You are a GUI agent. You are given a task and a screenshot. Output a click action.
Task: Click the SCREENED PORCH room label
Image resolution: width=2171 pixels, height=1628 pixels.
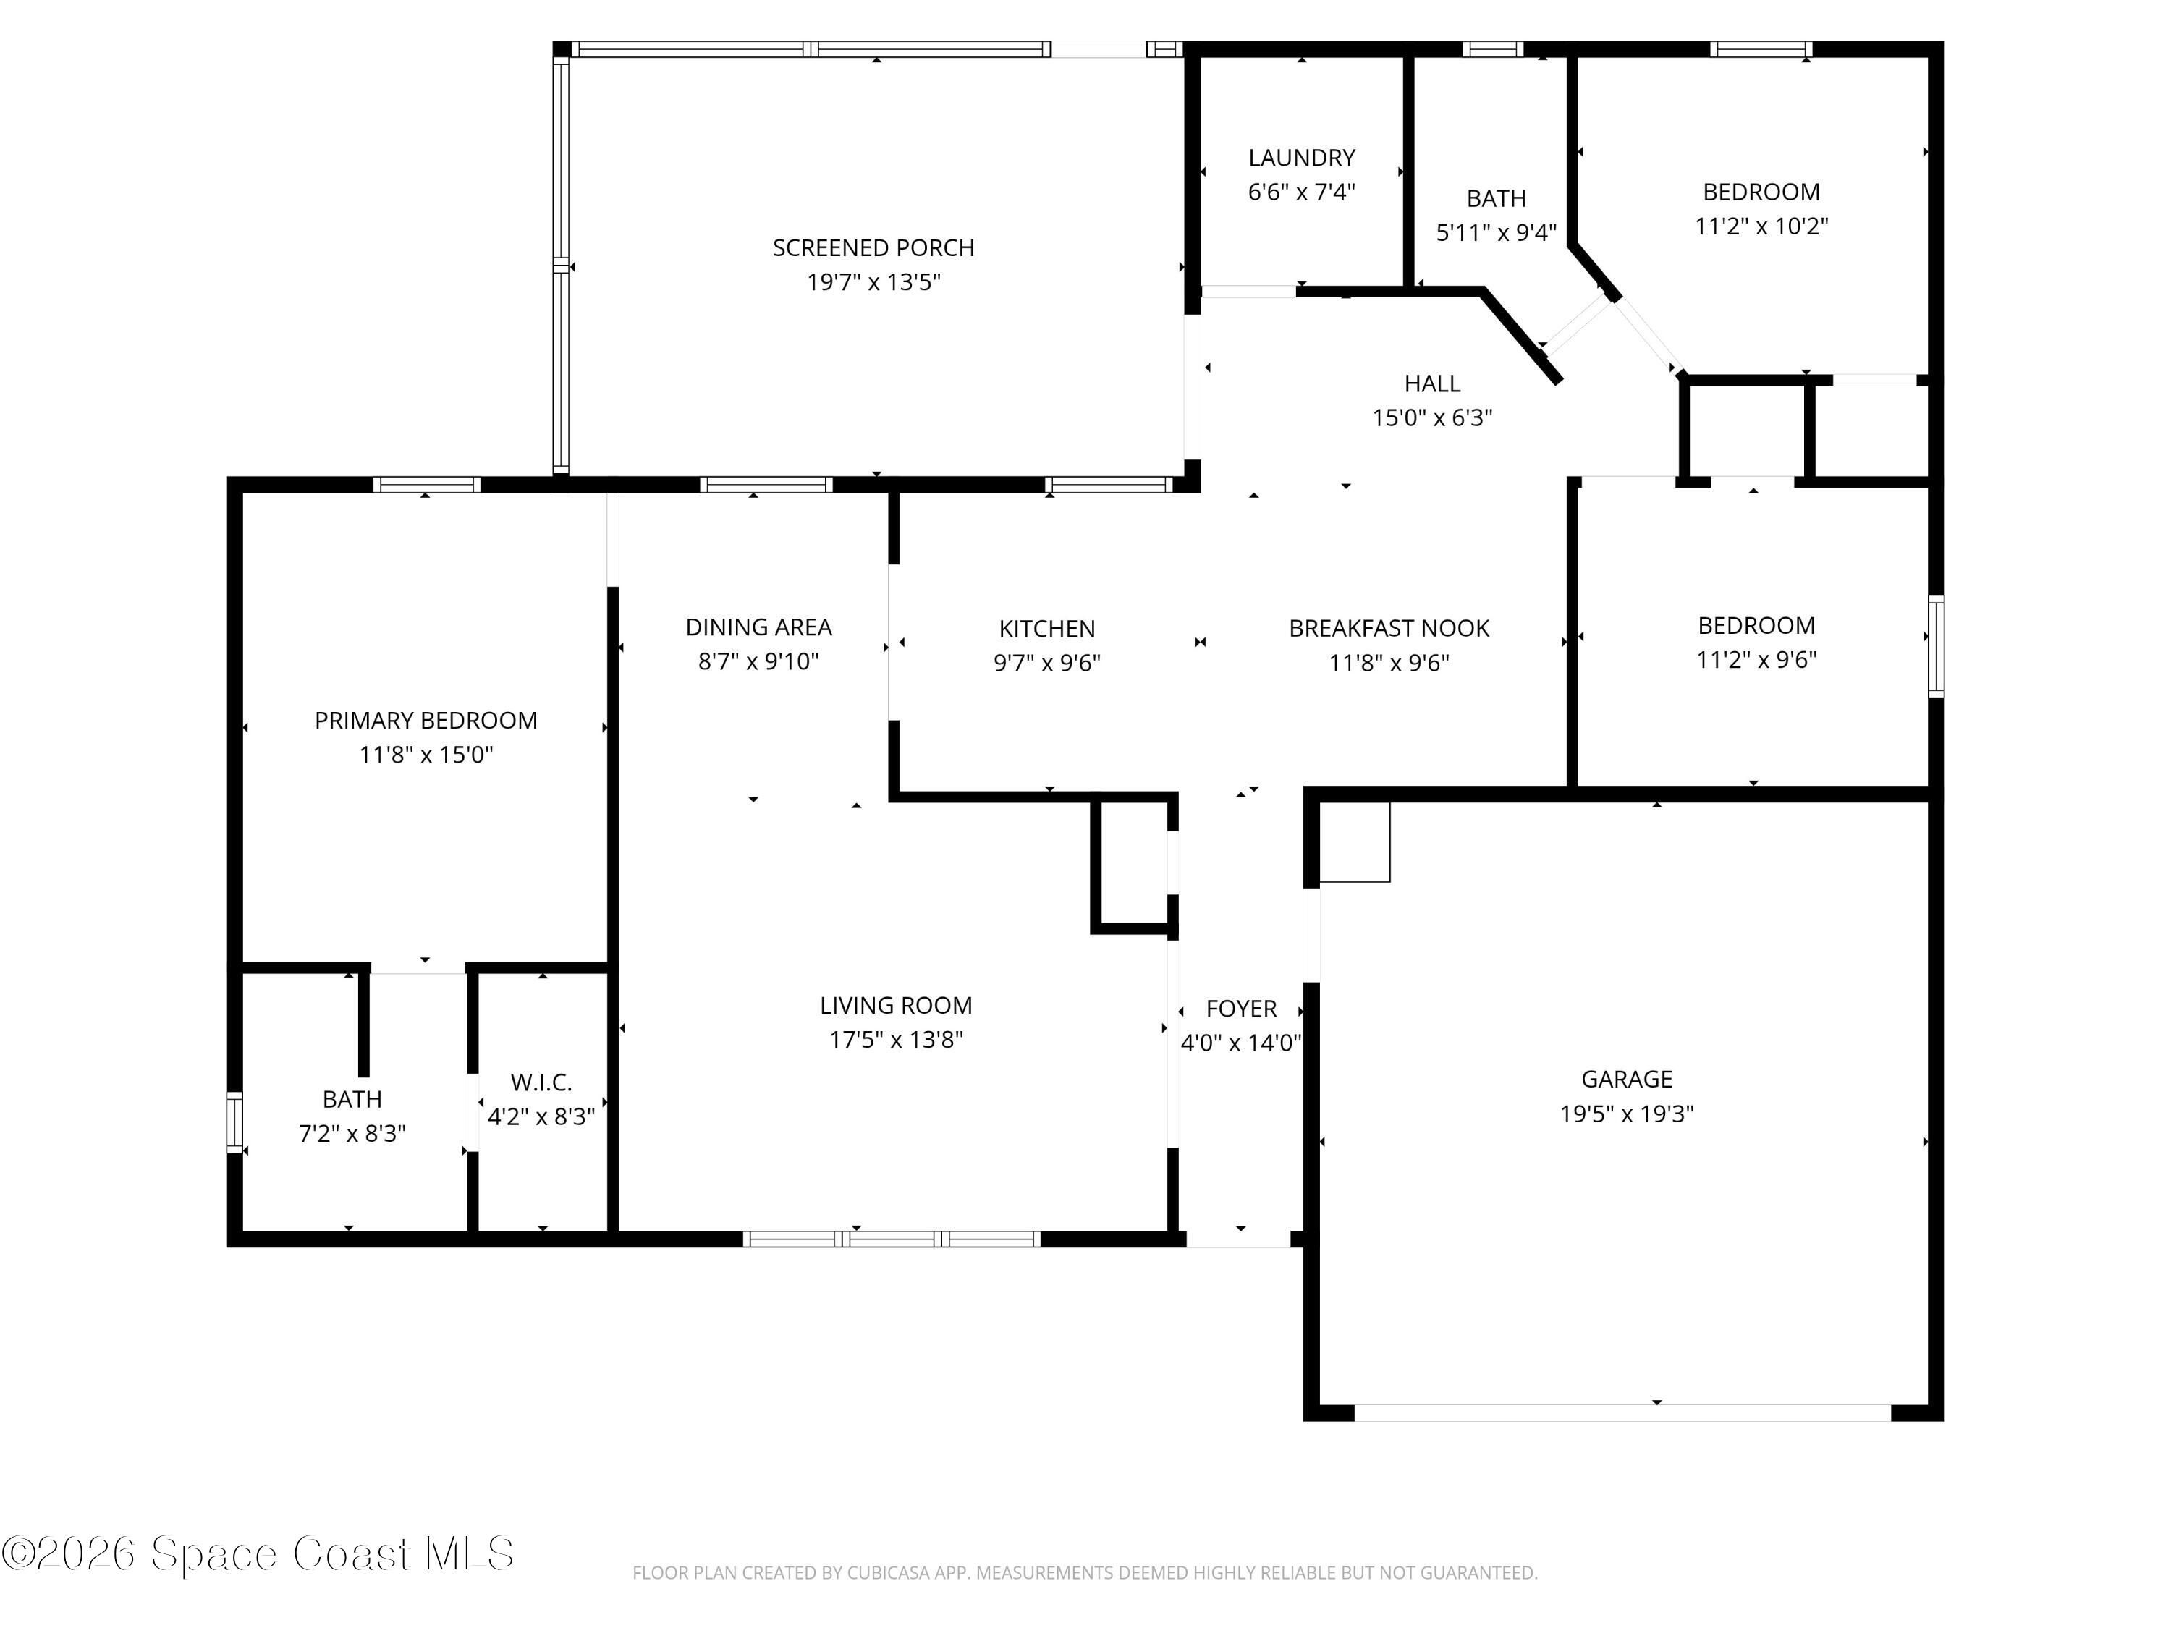click(x=873, y=248)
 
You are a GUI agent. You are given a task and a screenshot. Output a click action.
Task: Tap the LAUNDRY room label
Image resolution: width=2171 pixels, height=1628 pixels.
click(x=1301, y=158)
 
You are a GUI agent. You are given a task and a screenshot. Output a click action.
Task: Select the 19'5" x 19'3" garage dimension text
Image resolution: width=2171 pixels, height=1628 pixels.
click(x=1628, y=1114)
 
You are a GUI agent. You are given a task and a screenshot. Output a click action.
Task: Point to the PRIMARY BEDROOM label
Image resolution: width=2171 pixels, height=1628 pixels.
click(x=426, y=721)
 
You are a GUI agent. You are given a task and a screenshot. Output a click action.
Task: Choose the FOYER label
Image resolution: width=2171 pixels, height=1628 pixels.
click(x=1242, y=1009)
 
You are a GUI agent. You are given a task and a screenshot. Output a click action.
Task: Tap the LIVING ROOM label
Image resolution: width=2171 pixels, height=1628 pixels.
click(x=896, y=1006)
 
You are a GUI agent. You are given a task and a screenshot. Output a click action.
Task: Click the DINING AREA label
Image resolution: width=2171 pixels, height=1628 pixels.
click(x=758, y=627)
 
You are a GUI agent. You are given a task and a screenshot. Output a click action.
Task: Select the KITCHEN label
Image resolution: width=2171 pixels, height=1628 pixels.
click(x=1047, y=629)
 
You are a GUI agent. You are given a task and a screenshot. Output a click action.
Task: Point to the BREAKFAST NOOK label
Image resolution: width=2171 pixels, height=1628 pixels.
click(x=1389, y=629)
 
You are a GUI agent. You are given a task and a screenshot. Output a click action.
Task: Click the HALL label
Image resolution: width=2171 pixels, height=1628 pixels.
click(x=1432, y=383)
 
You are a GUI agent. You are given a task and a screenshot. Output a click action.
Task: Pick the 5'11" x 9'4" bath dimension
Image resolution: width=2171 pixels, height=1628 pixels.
click(x=1496, y=232)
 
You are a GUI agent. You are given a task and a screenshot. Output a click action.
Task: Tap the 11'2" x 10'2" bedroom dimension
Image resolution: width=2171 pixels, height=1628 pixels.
click(x=1761, y=226)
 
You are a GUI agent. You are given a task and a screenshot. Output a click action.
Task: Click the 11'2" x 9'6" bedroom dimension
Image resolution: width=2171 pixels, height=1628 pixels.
click(x=1757, y=659)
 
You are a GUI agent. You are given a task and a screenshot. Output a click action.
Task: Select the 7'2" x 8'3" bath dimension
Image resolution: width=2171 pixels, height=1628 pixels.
click(x=352, y=1133)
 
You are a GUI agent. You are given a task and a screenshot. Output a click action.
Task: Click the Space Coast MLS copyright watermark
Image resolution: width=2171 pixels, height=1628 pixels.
click(x=258, y=1553)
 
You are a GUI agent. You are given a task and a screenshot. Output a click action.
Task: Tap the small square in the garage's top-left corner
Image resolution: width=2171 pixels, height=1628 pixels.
click(x=1355, y=842)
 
